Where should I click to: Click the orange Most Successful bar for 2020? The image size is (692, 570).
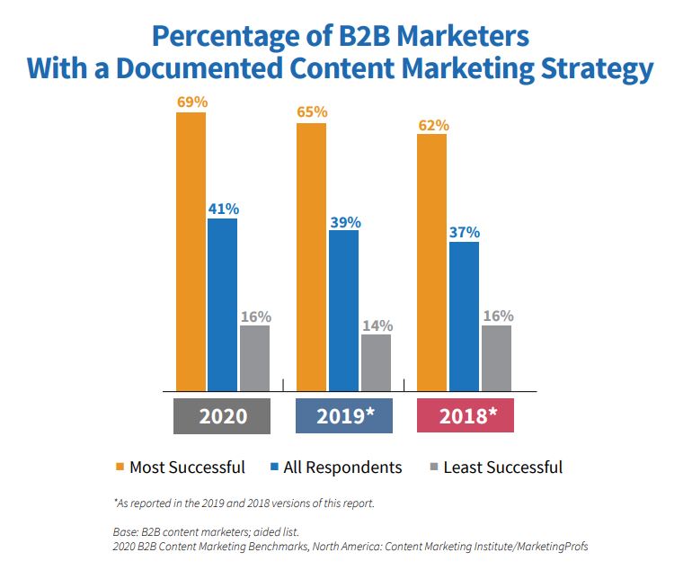[191, 252]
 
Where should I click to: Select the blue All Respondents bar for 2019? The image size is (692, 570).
[343, 310]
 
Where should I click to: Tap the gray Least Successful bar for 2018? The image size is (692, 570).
[496, 358]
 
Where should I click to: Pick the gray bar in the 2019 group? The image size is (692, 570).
[376, 362]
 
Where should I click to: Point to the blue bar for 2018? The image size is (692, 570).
[464, 316]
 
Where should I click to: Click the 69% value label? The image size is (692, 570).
[191, 102]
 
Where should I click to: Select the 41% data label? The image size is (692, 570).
[223, 209]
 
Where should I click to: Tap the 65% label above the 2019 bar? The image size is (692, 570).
[311, 112]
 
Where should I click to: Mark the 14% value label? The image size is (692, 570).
[376, 325]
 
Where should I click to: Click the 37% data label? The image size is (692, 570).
[464, 232]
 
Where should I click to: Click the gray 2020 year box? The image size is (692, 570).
[223, 417]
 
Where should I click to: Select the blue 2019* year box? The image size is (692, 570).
[344, 417]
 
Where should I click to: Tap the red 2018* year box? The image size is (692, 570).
[465, 417]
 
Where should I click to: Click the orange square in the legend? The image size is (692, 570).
[119, 467]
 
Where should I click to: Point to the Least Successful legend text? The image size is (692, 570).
[504, 467]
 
